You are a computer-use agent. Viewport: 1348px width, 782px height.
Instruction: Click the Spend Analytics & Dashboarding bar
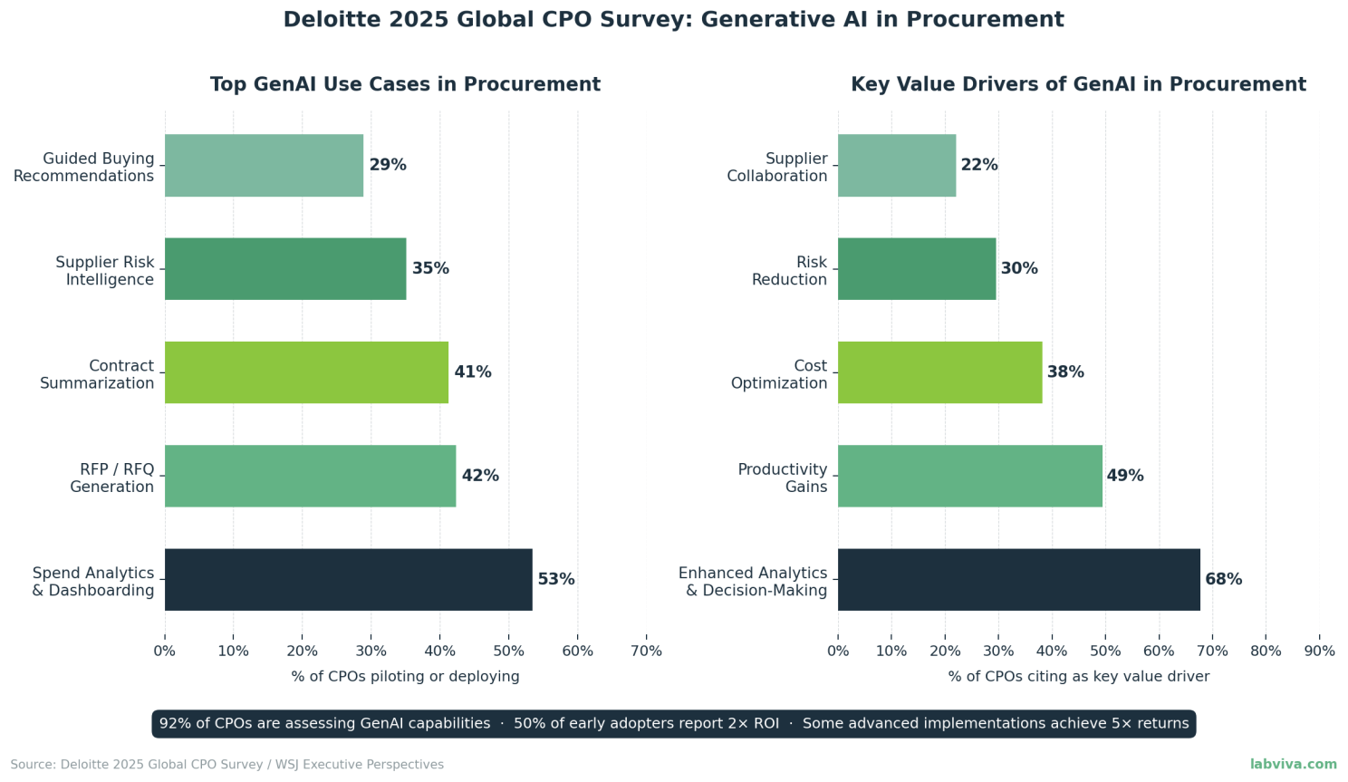348,580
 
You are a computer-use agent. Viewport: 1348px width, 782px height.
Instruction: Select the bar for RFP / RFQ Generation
310,476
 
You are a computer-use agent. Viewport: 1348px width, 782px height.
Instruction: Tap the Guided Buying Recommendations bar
264,166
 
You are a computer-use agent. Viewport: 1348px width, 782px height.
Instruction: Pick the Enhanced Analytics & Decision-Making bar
1018,580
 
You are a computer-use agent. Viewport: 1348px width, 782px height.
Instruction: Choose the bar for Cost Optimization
939,372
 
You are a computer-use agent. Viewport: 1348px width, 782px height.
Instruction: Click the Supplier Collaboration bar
897,166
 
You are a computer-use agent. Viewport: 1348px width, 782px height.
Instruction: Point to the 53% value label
556,580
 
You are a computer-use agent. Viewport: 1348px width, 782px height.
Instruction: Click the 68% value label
1223,580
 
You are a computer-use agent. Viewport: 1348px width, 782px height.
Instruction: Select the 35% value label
430,269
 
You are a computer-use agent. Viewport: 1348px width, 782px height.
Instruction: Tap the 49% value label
1125,476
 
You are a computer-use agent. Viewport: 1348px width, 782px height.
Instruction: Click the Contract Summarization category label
97,374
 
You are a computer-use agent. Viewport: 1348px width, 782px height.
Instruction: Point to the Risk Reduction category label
789,271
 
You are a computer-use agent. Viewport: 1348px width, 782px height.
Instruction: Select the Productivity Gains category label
783,478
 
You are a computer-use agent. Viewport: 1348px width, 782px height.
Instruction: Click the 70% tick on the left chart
646,652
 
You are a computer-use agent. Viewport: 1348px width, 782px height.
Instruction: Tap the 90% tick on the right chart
1319,652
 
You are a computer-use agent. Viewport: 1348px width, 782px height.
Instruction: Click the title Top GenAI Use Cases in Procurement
405,84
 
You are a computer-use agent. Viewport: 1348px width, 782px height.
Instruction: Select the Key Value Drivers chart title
1078,84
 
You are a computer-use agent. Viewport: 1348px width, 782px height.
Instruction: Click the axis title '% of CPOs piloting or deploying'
405,677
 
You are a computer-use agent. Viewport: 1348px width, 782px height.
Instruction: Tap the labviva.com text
1293,765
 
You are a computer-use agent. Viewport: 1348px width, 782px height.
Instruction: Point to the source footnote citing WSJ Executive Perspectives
227,765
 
